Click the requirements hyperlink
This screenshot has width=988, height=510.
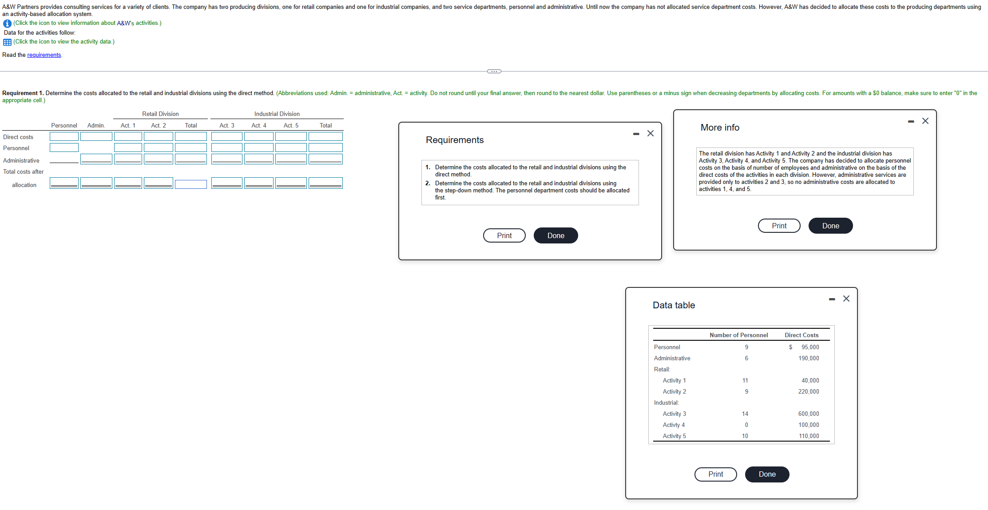pyautogui.click(x=44, y=55)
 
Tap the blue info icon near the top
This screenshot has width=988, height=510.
pyautogui.click(x=7, y=24)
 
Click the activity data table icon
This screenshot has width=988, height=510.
pyautogui.click(x=7, y=42)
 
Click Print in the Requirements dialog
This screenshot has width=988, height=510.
pyautogui.click(x=504, y=235)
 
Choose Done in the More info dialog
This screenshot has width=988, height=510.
pyautogui.click(x=830, y=226)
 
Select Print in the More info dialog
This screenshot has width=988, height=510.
pyautogui.click(x=779, y=226)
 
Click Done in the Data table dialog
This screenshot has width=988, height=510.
pyautogui.click(x=767, y=474)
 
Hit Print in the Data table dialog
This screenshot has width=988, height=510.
pyautogui.click(x=715, y=474)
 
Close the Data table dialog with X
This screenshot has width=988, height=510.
pyautogui.click(x=846, y=299)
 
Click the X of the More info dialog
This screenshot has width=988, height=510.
pyautogui.click(x=925, y=121)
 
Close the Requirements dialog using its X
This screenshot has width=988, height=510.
pyautogui.click(x=651, y=133)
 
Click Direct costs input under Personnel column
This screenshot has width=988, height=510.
pyautogui.click(x=64, y=136)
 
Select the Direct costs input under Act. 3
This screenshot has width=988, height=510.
pyautogui.click(x=226, y=136)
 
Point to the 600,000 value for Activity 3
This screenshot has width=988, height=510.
pyautogui.click(x=809, y=414)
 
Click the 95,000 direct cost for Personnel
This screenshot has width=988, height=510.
pyautogui.click(x=810, y=347)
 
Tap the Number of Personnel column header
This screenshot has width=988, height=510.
pyautogui.click(x=738, y=335)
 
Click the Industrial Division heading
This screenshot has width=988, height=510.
pyautogui.click(x=277, y=114)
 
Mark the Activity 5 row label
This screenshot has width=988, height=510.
pyautogui.click(x=674, y=436)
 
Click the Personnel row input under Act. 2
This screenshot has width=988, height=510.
pyautogui.click(x=158, y=147)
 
